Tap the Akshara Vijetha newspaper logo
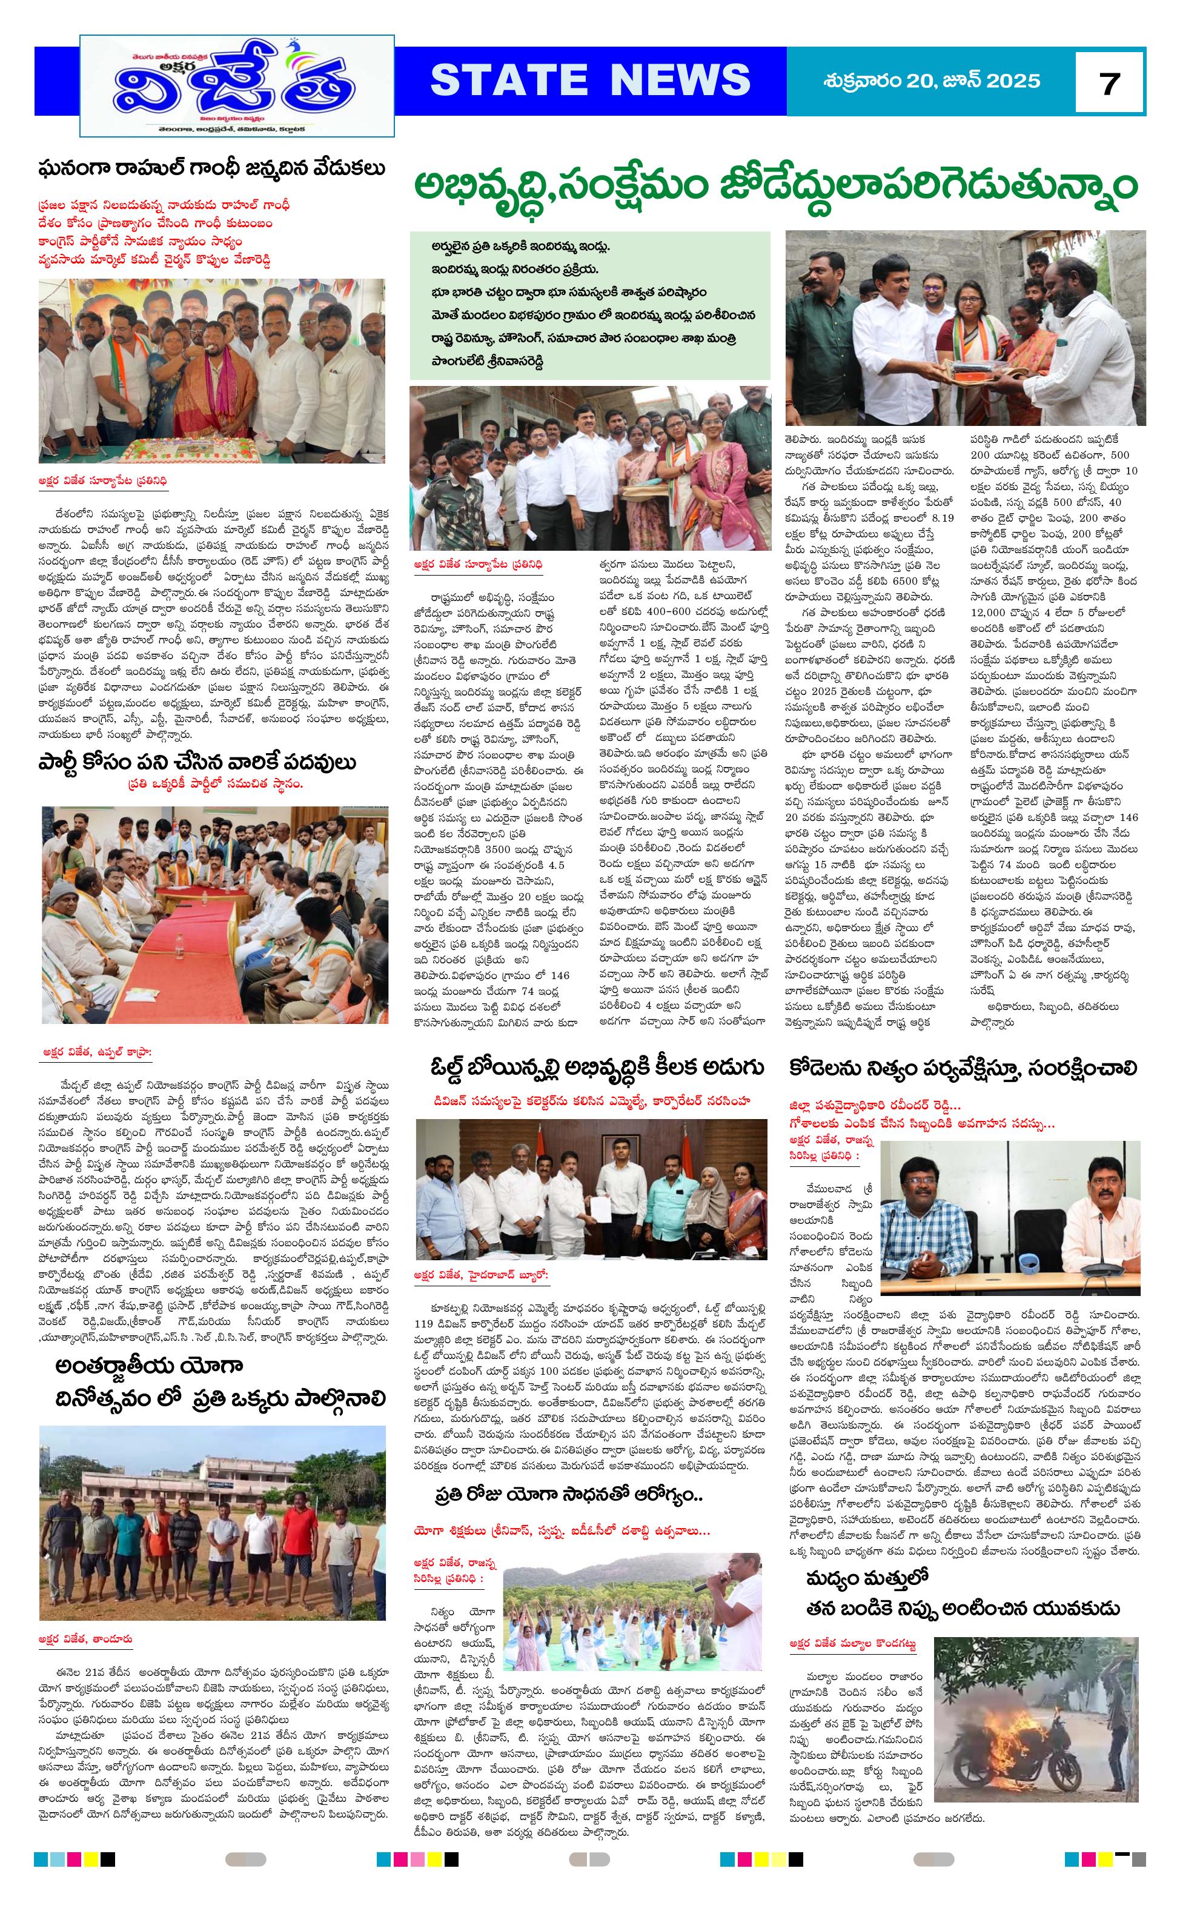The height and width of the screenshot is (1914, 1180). [x=236, y=85]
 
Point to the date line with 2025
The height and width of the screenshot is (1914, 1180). [x=931, y=81]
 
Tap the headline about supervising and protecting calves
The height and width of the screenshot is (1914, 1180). [x=963, y=1068]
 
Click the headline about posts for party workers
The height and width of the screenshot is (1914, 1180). [x=197, y=763]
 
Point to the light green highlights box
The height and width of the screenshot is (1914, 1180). [x=590, y=304]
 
